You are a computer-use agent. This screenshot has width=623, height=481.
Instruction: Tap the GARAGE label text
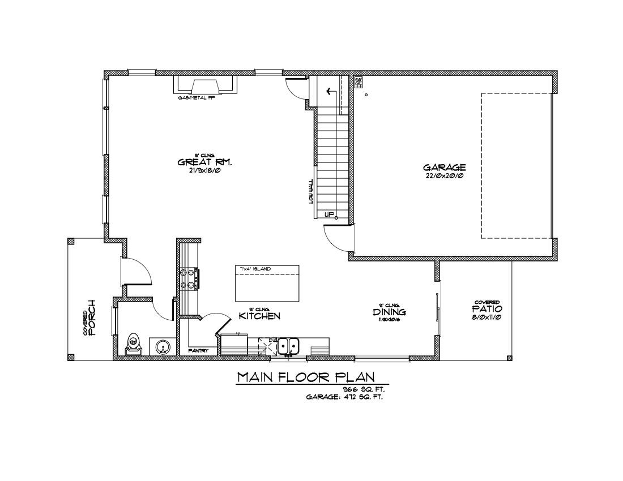click(x=445, y=168)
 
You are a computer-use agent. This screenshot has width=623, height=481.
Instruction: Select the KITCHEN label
click(x=259, y=316)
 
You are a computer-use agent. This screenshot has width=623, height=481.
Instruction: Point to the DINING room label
click(x=389, y=312)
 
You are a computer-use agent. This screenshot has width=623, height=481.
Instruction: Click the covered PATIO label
click(x=487, y=310)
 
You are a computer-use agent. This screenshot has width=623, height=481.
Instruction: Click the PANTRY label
click(x=198, y=351)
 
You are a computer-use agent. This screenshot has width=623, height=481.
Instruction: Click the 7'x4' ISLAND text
click(x=255, y=268)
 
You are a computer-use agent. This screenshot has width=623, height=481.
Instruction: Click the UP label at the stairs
click(x=328, y=214)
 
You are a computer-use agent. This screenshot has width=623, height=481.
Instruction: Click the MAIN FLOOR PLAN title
click(x=305, y=377)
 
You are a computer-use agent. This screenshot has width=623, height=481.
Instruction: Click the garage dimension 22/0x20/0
click(x=445, y=176)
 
